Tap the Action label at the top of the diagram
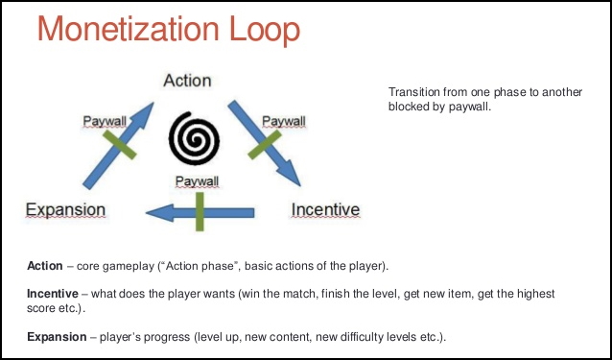click(x=187, y=80)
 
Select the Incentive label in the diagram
click(x=325, y=209)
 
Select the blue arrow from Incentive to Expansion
click(x=201, y=212)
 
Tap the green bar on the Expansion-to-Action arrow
click(x=119, y=144)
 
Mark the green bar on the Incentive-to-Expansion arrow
click(x=200, y=212)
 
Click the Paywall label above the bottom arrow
click(x=196, y=180)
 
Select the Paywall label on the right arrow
click(x=283, y=121)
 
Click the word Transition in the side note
click(x=413, y=91)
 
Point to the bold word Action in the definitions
click(x=46, y=264)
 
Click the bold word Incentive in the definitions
click(x=54, y=292)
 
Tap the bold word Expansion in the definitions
click(x=58, y=337)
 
